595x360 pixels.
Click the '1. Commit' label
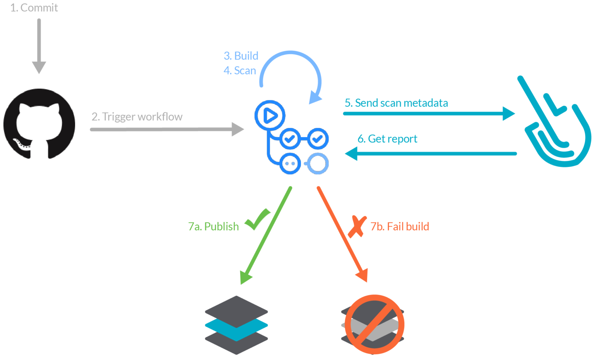pyautogui.click(x=34, y=8)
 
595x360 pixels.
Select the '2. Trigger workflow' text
pyautogui.click(x=137, y=117)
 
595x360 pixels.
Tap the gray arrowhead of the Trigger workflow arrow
pyautogui.click(x=237, y=129)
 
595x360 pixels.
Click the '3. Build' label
pyautogui.click(x=241, y=56)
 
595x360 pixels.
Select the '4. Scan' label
pyautogui.click(x=240, y=71)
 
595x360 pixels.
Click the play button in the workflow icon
pyautogui.click(x=270, y=115)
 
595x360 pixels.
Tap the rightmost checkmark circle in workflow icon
pyautogui.click(x=318, y=138)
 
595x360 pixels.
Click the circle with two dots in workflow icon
pyautogui.click(x=290, y=163)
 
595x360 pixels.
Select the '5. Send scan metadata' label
pyautogui.click(x=396, y=103)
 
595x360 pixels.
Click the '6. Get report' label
pyautogui.click(x=387, y=139)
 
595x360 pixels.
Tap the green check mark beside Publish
pyautogui.click(x=258, y=219)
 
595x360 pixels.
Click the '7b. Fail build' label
pyautogui.click(x=400, y=226)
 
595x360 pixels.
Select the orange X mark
pyautogui.click(x=357, y=226)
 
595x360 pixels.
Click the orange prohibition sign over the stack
pyautogui.click(x=374, y=324)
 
